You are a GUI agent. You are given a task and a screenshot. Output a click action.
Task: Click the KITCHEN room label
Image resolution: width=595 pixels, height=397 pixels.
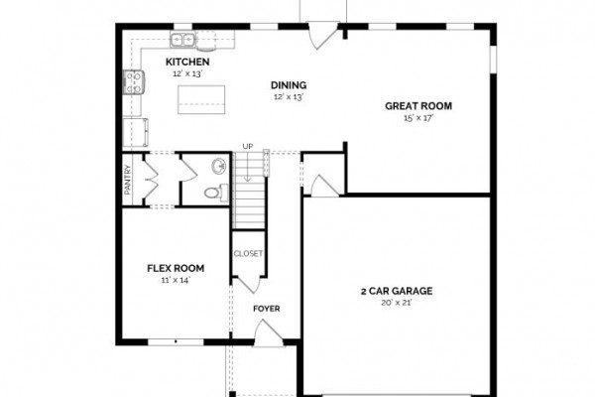(187, 62)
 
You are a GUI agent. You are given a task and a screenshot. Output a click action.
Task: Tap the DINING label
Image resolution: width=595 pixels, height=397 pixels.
(289, 85)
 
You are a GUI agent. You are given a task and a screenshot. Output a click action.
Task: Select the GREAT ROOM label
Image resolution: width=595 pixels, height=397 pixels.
(418, 106)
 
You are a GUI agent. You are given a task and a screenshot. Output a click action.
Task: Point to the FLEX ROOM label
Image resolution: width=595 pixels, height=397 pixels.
(176, 268)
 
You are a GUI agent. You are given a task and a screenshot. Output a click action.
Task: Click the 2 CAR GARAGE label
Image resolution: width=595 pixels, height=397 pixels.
(397, 291)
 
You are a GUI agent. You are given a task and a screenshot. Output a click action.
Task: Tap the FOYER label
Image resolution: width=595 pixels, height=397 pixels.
(267, 309)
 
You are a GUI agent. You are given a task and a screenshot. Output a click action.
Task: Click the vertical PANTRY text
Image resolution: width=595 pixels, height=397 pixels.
(128, 180)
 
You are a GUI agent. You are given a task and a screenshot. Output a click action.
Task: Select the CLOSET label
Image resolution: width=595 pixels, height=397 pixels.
(248, 253)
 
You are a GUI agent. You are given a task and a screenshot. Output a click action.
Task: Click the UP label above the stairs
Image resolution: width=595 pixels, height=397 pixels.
(248, 146)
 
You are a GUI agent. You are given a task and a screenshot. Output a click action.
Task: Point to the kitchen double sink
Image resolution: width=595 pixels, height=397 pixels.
(182, 40)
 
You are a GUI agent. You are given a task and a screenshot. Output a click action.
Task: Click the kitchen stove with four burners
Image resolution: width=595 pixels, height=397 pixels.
(134, 82)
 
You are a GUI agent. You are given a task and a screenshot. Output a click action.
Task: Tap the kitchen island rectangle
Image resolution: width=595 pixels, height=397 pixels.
(201, 99)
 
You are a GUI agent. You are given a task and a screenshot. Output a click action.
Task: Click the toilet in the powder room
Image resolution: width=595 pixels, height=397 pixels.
(216, 193)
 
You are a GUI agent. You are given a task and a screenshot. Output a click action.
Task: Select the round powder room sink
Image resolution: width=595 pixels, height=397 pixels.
(219, 166)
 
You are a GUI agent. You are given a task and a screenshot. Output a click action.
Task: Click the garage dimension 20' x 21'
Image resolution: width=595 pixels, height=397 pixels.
(397, 303)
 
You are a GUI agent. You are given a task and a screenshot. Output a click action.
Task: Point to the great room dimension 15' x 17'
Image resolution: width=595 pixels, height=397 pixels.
(418, 118)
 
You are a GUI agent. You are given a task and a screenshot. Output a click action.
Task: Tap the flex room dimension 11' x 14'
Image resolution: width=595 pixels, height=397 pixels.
(176, 280)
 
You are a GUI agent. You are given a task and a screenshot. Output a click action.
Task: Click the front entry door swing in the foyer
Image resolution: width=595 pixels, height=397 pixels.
(269, 333)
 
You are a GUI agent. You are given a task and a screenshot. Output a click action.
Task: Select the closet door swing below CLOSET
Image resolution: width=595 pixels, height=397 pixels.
(247, 285)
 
